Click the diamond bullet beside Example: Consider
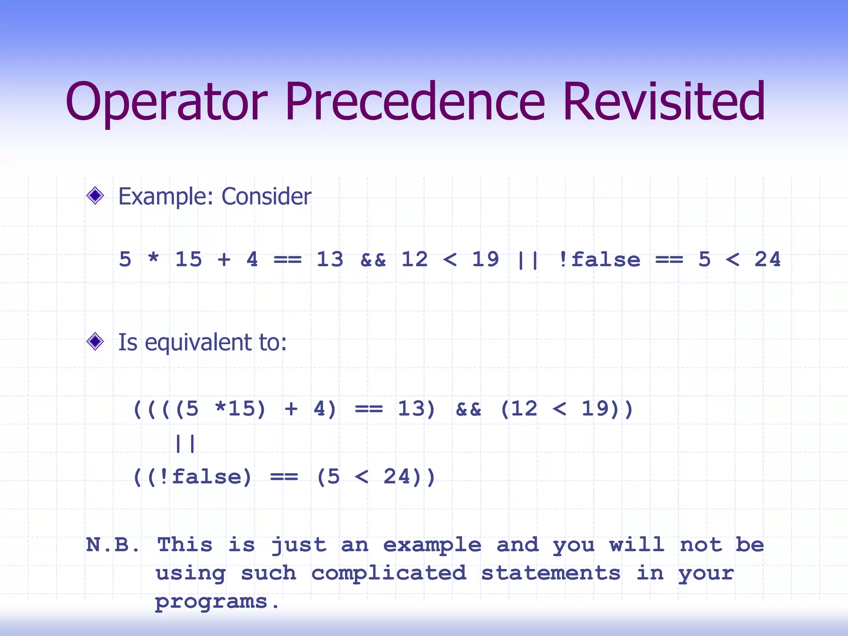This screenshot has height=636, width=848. coord(95,195)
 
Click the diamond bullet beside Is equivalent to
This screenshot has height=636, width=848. coord(95,342)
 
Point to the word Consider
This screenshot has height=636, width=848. coord(266,196)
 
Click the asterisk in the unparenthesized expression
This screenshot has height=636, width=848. coord(153,259)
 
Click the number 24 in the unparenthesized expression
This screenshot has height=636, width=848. coord(767,260)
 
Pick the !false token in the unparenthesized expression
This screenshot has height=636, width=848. coord(599,260)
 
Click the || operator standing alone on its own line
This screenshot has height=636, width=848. coord(185,443)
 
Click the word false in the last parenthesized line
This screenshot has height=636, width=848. coord(206,477)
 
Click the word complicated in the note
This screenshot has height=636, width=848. coord(388,573)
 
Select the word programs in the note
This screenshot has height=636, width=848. coord(211,602)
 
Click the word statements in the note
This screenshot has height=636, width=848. coord(550,573)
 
